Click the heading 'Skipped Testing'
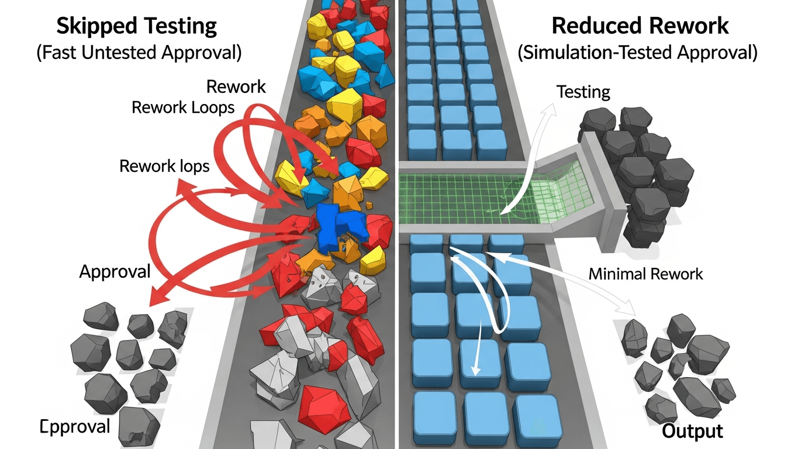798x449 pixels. click(136, 26)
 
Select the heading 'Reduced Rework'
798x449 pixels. click(640, 26)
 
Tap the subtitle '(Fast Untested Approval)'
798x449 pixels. click(139, 53)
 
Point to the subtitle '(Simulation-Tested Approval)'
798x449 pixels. click(637, 53)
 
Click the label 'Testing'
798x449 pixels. click(583, 92)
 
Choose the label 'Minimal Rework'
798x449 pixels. click(645, 274)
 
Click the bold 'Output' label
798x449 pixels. click(692, 431)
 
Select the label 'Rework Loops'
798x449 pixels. click(183, 108)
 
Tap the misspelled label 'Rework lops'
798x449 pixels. click(164, 166)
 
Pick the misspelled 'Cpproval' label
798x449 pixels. click(75, 426)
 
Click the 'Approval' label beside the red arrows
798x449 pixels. click(115, 271)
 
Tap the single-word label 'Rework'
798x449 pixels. click(236, 87)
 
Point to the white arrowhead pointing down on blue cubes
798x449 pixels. click(475, 368)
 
